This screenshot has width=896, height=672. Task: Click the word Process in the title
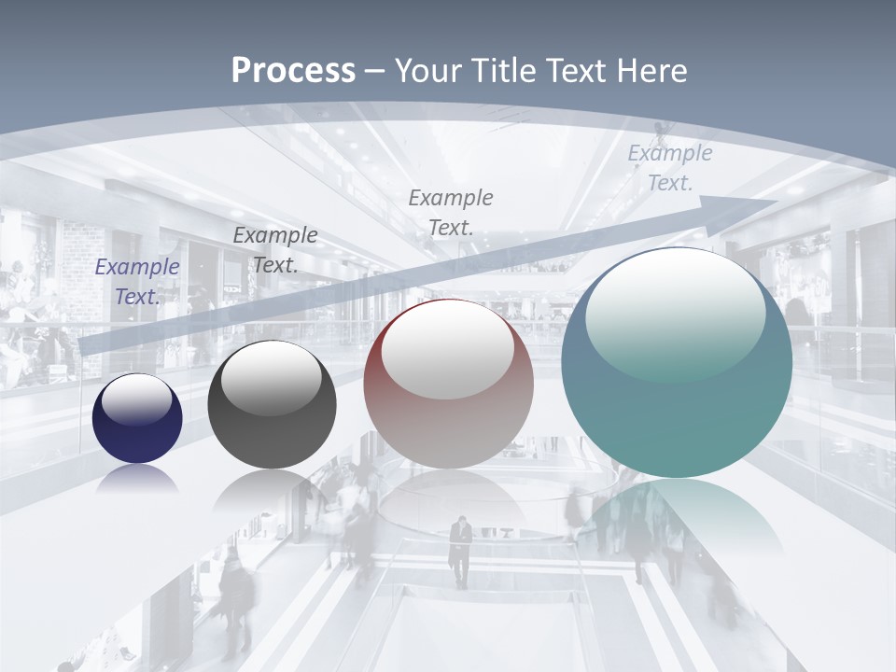pyautogui.click(x=293, y=71)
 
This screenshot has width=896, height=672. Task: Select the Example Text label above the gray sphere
pyautogui.click(x=274, y=250)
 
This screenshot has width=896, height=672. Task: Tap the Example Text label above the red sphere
pyautogui.click(x=451, y=212)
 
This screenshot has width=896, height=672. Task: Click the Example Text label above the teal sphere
pyautogui.click(x=669, y=168)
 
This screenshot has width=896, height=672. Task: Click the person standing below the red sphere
pyautogui.click(x=460, y=552)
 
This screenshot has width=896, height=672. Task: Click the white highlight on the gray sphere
pyautogui.click(x=272, y=381)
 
